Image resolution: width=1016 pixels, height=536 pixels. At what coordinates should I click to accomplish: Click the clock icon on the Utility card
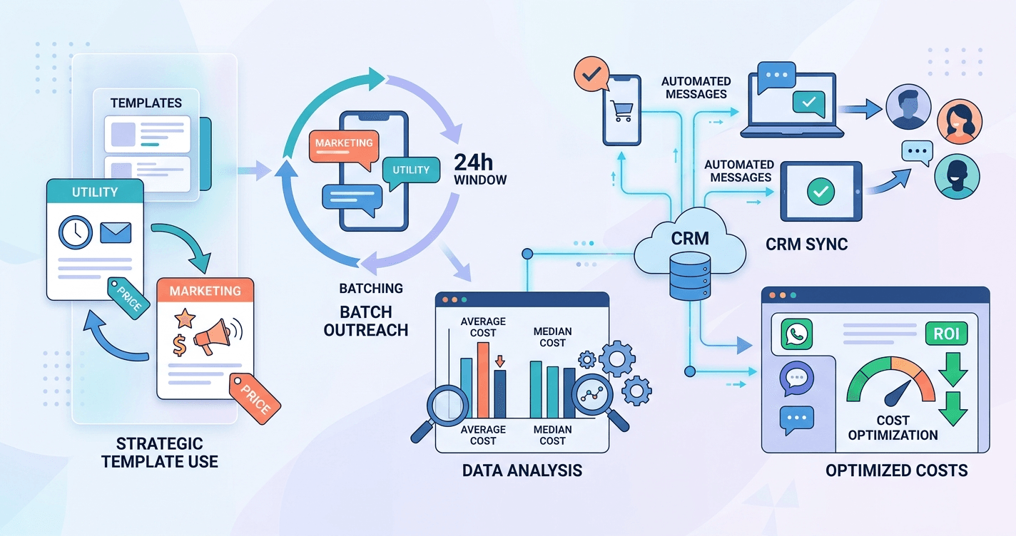click(x=76, y=231)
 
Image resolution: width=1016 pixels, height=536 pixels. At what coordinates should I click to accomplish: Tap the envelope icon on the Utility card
click(x=116, y=232)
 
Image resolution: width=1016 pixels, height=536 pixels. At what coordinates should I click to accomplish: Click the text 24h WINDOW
click(x=480, y=170)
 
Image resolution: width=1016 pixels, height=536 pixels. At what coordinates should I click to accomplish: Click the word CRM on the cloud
click(x=690, y=237)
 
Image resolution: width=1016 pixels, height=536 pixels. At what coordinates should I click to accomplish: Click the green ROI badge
click(x=946, y=332)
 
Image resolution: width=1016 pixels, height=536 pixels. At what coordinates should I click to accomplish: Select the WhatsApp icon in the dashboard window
click(x=797, y=334)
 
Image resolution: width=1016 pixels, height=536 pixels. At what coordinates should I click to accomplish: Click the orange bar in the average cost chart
click(x=483, y=379)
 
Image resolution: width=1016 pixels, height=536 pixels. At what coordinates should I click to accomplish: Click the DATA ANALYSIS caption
click(x=522, y=470)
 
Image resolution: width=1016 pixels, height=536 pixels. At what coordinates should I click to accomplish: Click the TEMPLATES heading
click(x=146, y=103)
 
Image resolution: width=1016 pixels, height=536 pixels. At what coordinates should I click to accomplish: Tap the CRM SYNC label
click(x=807, y=244)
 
